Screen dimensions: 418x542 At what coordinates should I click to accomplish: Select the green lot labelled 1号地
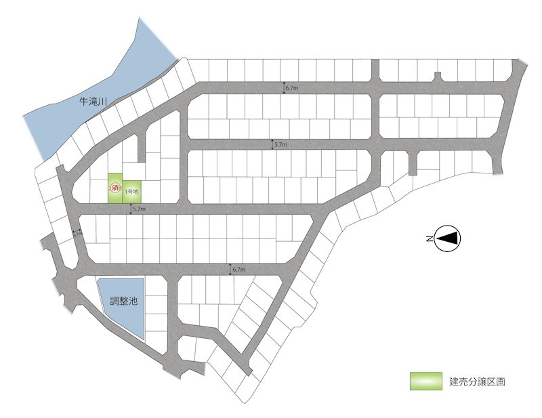[x=131, y=192]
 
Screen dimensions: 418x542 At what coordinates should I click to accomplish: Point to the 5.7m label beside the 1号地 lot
[x=139, y=209]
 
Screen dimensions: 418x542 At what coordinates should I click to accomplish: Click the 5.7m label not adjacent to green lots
[x=280, y=145]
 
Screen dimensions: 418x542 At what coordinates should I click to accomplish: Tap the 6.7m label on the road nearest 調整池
[x=239, y=270]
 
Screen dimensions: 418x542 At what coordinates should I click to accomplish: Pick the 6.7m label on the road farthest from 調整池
[x=293, y=88]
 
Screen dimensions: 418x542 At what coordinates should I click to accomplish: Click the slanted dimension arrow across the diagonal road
[x=77, y=234]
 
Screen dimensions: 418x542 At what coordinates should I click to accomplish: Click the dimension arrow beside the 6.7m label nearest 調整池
[x=230, y=269]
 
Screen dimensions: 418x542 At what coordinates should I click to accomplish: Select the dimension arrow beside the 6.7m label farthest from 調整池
[x=285, y=87]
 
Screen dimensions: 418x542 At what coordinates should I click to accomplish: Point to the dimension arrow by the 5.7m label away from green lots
[x=272, y=144]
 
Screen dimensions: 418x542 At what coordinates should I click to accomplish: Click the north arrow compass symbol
[x=448, y=238]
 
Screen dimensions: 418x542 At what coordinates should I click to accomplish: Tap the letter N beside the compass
[x=430, y=238]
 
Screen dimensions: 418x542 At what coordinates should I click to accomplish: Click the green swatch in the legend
[x=425, y=381]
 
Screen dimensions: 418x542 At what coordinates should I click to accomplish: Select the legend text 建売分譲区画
[x=477, y=381]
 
